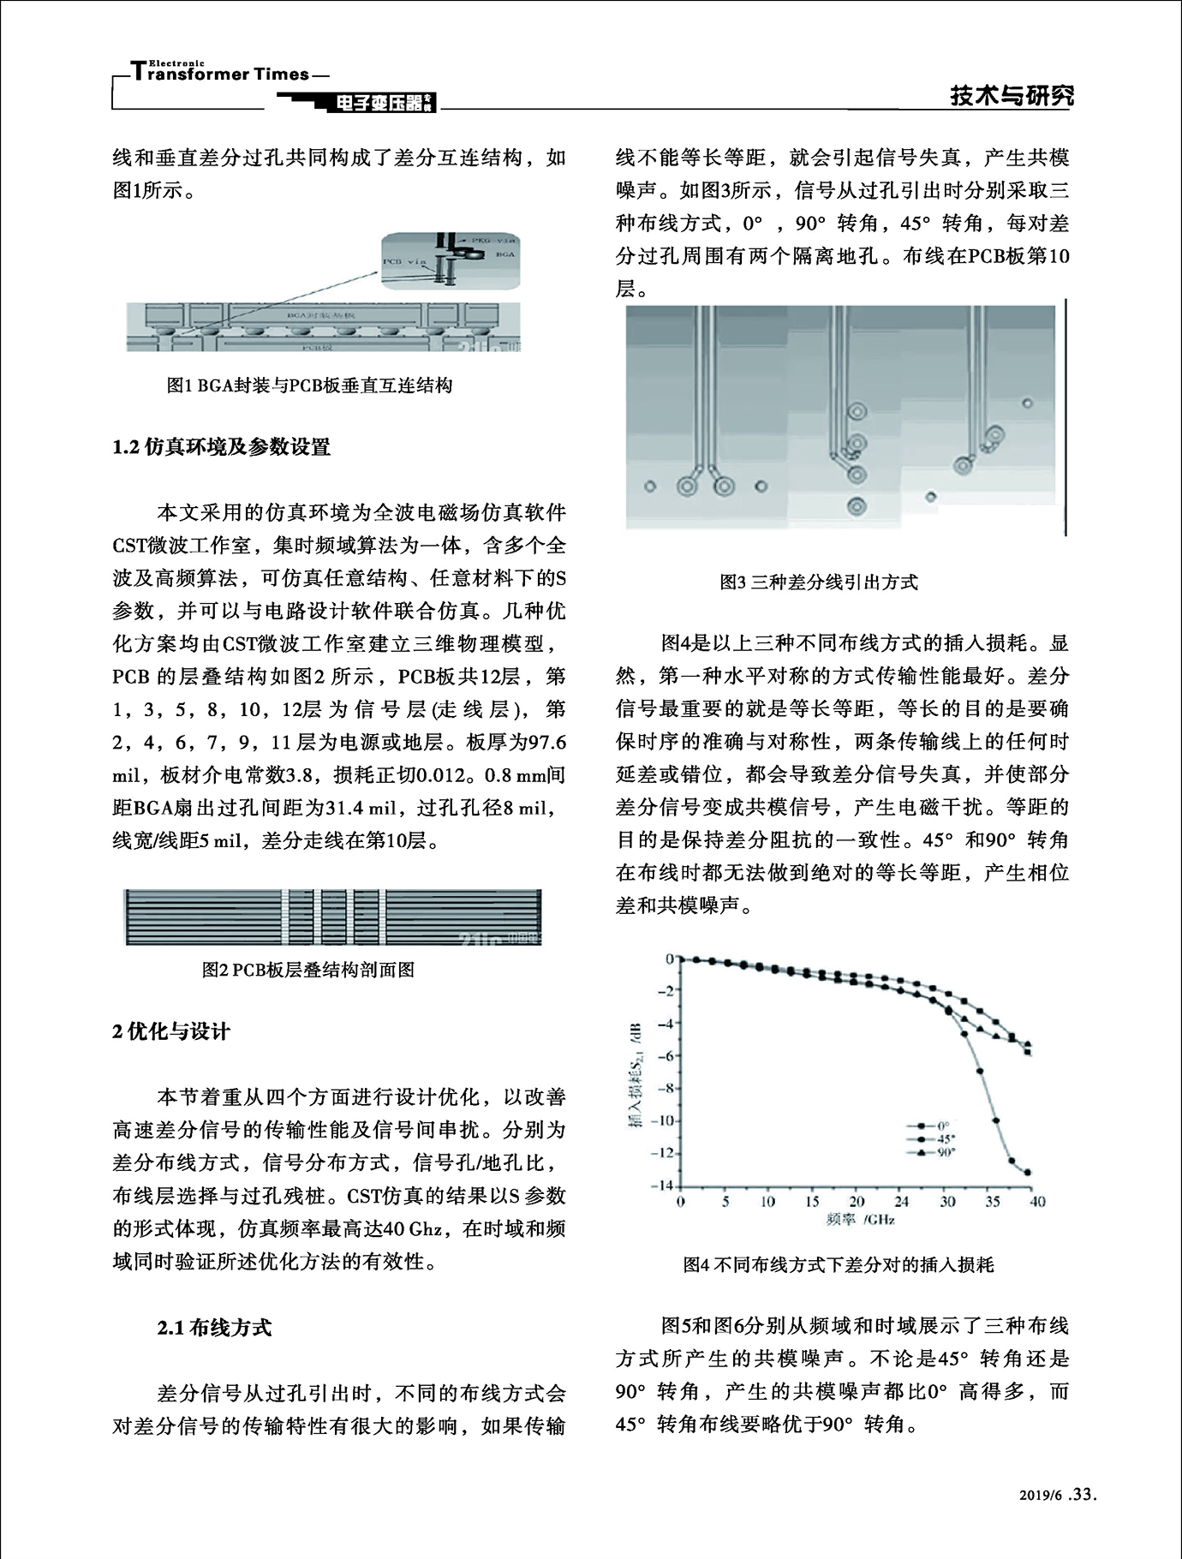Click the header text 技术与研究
tap(1012, 97)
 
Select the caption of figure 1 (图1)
tap(309, 385)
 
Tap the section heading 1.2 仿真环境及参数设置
tap(221, 446)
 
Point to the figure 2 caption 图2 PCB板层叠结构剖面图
tap(308, 970)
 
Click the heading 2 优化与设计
tap(171, 1031)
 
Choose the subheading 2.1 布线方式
tap(214, 1328)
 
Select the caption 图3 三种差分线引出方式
tap(819, 582)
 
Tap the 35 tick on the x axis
tap(993, 1202)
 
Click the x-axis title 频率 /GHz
tap(860, 1220)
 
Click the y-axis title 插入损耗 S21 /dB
tap(636, 1074)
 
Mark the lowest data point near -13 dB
tap(1028, 1173)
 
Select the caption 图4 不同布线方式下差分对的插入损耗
tap(839, 1264)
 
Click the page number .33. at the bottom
tap(1083, 1519)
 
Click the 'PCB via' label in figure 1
tap(404, 260)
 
